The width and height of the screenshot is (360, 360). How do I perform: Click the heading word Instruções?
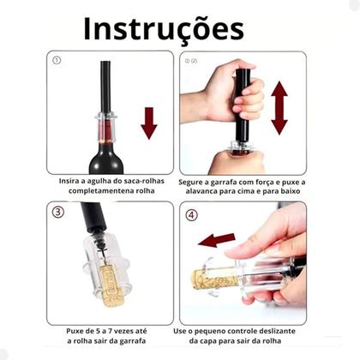click(164, 29)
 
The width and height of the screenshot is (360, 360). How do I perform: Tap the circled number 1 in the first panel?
click(57, 60)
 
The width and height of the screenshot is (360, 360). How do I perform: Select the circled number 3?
click(58, 212)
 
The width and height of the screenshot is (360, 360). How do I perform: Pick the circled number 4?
click(191, 215)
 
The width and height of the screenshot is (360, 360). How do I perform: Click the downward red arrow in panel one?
click(149, 123)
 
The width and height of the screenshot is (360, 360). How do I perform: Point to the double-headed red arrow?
click(279, 108)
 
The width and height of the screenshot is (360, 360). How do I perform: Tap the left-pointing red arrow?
click(216, 240)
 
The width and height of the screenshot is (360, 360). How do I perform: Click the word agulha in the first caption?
click(98, 181)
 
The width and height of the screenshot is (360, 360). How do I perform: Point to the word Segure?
click(191, 183)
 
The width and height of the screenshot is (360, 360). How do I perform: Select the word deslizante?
click(277, 331)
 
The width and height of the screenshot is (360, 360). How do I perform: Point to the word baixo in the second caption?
click(290, 191)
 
